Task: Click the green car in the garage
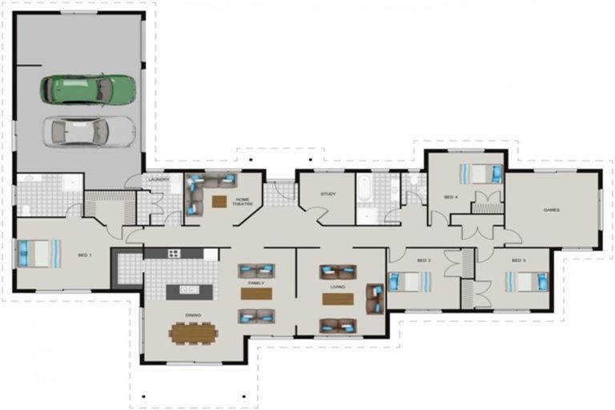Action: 88,90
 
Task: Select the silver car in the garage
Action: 89,131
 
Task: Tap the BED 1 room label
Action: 85,255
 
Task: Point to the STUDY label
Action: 328,194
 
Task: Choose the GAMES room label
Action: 552,210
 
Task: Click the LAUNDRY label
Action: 159,179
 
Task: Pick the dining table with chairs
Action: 193,333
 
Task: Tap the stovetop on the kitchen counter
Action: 174,254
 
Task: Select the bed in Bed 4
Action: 480,174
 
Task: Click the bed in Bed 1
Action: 38,254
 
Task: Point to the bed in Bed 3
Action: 526,282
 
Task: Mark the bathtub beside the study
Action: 364,188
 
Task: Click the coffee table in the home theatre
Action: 219,202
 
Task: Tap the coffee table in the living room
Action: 338,299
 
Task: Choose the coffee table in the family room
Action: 256,294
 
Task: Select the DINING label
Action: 193,315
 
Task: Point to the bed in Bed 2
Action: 409,282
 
